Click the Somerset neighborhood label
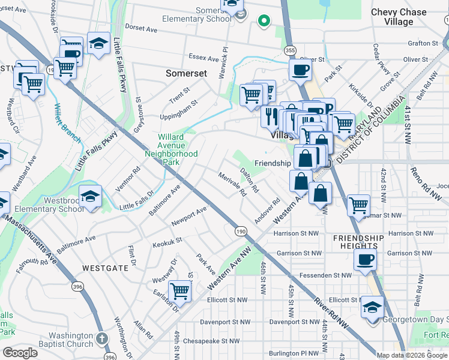(x=186, y=73)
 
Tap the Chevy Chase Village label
(x=400, y=17)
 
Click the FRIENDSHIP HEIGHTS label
(x=358, y=243)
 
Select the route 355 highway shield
(x=291, y=50)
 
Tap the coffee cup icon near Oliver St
(x=300, y=69)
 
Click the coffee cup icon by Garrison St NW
(x=365, y=260)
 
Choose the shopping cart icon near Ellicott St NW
(x=179, y=292)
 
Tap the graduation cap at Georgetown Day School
(x=372, y=307)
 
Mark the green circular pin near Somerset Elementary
(x=263, y=22)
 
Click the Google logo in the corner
(x=20, y=353)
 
